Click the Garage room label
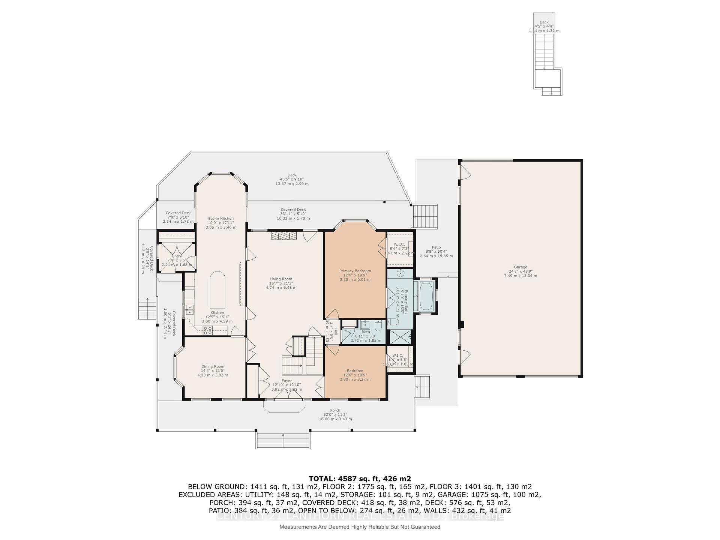(x=520, y=271)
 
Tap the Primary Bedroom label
(x=355, y=275)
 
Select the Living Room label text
(x=281, y=283)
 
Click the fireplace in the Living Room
(x=284, y=235)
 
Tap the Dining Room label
(x=213, y=370)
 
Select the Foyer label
(x=286, y=385)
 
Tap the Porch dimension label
(x=335, y=415)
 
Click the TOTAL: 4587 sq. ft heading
(x=360, y=478)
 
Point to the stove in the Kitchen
(x=208, y=330)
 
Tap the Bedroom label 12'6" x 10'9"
(x=355, y=375)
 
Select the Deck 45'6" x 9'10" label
(x=292, y=179)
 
